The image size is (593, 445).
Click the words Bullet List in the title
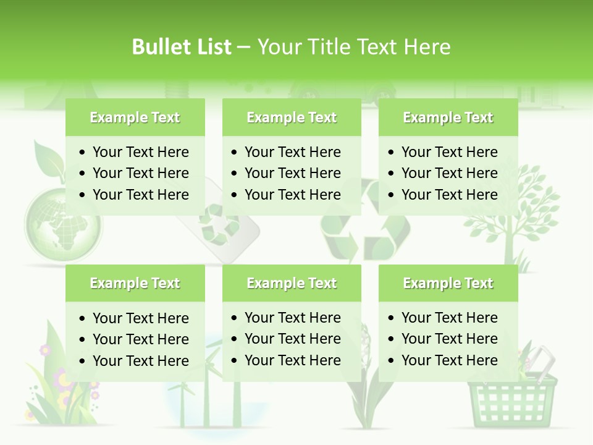(x=181, y=47)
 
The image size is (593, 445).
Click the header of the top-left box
(x=135, y=117)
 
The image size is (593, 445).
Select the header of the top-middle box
(x=292, y=117)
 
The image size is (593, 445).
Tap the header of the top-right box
(x=448, y=117)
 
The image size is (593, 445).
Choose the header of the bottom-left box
(x=135, y=283)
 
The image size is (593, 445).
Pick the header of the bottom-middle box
(x=292, y=283)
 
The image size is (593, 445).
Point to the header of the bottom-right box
(x=448, y=283)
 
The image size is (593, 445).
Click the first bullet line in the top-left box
(x=140, y=152)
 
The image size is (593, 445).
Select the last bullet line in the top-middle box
(x=292, y=195)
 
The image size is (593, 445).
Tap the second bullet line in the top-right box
(x=449, y=173)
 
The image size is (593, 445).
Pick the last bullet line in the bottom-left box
(x=140, y=361)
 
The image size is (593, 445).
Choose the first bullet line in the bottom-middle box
(x=292, y=318)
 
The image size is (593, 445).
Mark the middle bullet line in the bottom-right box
(x=449, y=339)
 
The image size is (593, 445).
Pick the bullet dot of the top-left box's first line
(x=83, y=152)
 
